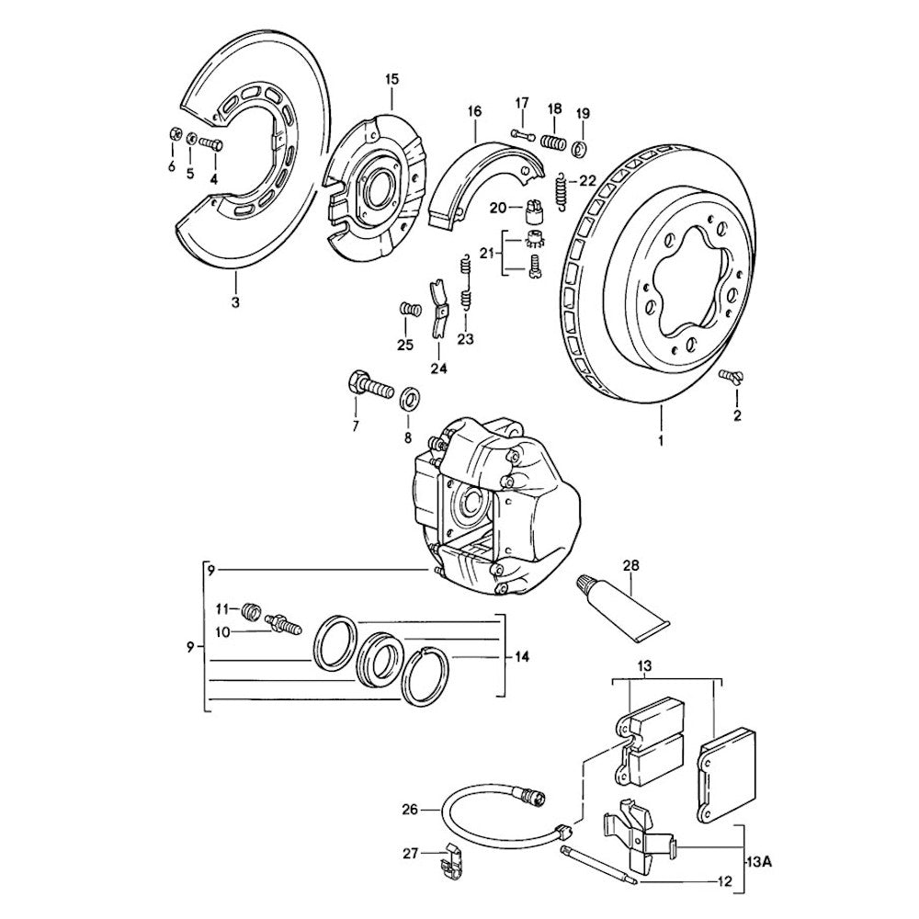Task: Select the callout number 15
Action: pyautogui.click(x=391, y=80)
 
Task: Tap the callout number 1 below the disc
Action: pyautogui.click(x=658, y=440)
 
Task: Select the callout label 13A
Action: pyautogui.click(x=759, y=861)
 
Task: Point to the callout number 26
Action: pyautogui.click(x=410, y=810)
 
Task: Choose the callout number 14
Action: pyautogui.click(x=522, y=657)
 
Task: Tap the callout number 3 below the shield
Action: pyautogui.click(x=235, y=302)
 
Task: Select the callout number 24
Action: pyautogui.click(x=437, y=369)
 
